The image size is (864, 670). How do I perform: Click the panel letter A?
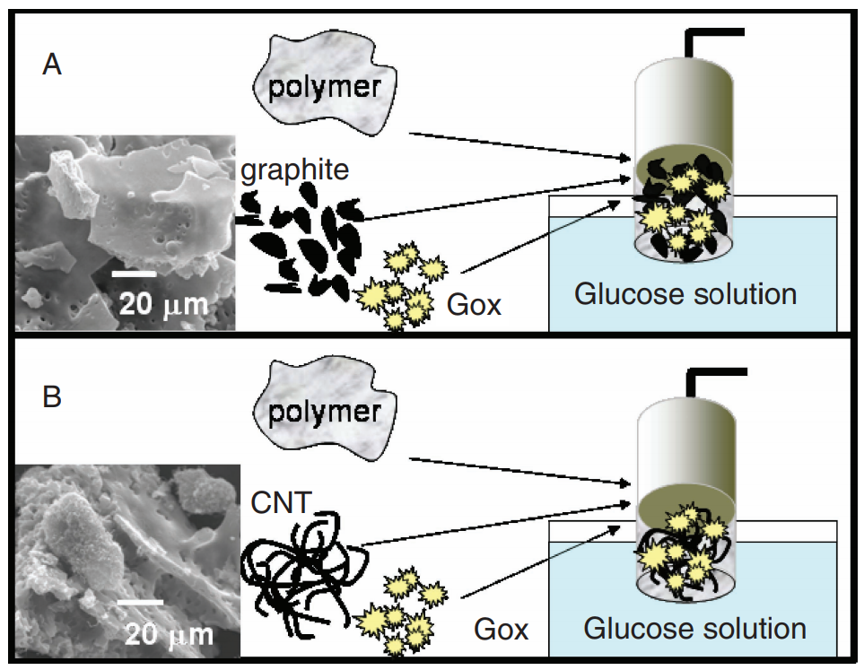coord(52,65)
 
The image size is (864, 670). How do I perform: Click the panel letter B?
coord(52,396)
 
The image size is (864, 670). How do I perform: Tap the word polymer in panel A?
coord(325,88)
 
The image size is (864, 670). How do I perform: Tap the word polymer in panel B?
coord(325,413)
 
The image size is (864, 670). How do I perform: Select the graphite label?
coord(295,170)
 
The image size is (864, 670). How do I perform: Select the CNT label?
coord(281,502)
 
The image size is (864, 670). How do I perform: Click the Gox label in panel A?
coord(474,305)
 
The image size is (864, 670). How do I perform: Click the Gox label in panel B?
coord(501,630)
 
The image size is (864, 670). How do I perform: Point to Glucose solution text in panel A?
coord(685,294)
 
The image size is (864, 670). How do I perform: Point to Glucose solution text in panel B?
coord(694,629)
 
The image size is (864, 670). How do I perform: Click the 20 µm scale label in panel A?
coord(163,304)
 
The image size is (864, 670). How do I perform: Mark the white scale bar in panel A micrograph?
coord(134,274)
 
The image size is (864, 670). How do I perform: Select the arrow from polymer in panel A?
coord(519,146)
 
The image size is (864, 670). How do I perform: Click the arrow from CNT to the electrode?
coord(495,524)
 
